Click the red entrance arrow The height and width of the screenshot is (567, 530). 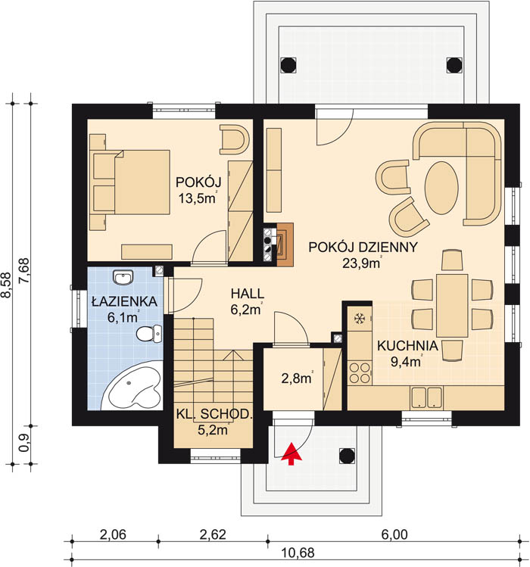point(291,453)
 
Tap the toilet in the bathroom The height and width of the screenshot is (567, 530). point(149,333)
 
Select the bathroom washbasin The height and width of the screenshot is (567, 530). point(123,278)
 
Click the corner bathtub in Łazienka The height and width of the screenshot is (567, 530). point(132,386)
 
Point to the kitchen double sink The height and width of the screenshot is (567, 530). point(427,397)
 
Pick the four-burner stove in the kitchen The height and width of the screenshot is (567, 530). point(360,373)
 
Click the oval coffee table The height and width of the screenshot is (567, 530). point(441,188)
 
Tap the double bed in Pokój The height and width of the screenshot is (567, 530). point(131,182)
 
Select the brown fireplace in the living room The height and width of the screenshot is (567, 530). point(285,245)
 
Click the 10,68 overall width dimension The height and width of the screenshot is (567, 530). point(298,553)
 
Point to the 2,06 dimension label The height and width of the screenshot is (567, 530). point(113,534)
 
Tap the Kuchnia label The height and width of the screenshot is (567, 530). point(407,346)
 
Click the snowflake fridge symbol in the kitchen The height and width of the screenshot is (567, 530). point(359,319)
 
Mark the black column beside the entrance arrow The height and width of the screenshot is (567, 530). point(347,456)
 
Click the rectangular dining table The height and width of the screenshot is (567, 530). point(452,306)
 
